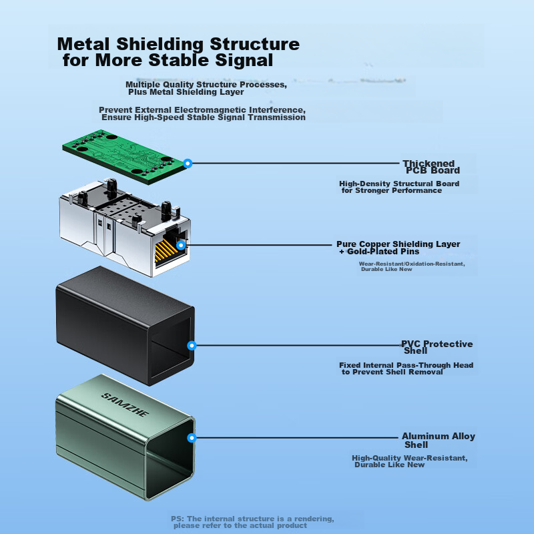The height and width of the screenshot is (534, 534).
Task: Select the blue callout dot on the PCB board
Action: pos(188,163)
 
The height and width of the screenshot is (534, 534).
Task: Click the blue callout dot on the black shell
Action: pos(192,346)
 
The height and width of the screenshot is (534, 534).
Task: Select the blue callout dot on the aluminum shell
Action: pos(192,438)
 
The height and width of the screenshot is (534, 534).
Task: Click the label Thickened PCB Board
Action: pos(431,167)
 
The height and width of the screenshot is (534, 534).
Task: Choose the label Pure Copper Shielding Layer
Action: pos(399,244)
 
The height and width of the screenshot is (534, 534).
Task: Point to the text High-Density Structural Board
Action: pos(398,184)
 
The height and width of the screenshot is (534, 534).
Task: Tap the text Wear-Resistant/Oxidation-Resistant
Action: pos(411,264)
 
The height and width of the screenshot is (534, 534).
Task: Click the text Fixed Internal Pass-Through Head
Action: pos(406,365)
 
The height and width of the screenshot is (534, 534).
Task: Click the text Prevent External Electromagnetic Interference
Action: pos(202,109)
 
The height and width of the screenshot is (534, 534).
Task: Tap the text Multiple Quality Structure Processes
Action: pos(206,85)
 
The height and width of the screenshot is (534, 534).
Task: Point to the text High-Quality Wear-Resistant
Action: pos(410,458)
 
